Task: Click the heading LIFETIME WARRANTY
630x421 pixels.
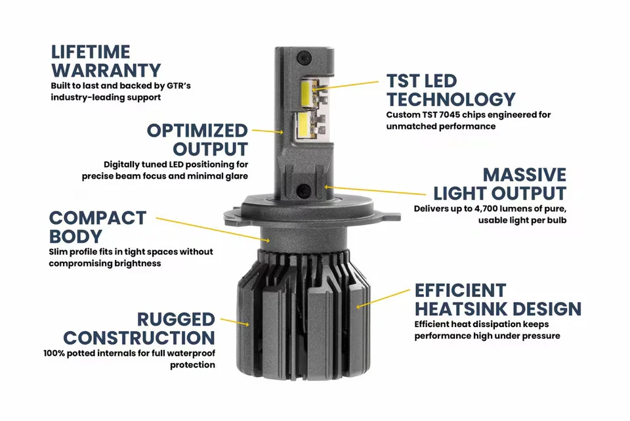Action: (x=106, y=60)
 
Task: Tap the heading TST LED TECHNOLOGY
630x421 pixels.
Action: (x=450, y=90)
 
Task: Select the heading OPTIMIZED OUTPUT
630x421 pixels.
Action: (x=197, y=139)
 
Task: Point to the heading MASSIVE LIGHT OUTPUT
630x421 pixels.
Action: (x=499, y=184)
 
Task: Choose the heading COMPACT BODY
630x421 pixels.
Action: (x=98, y=227)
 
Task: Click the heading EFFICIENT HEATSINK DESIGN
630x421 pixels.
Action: (x=497, y=299)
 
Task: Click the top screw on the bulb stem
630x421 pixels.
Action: (x=304, y=56)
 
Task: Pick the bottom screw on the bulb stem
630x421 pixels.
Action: (x=304, y=190)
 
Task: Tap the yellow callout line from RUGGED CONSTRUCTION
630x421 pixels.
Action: (x=235, y=321)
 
